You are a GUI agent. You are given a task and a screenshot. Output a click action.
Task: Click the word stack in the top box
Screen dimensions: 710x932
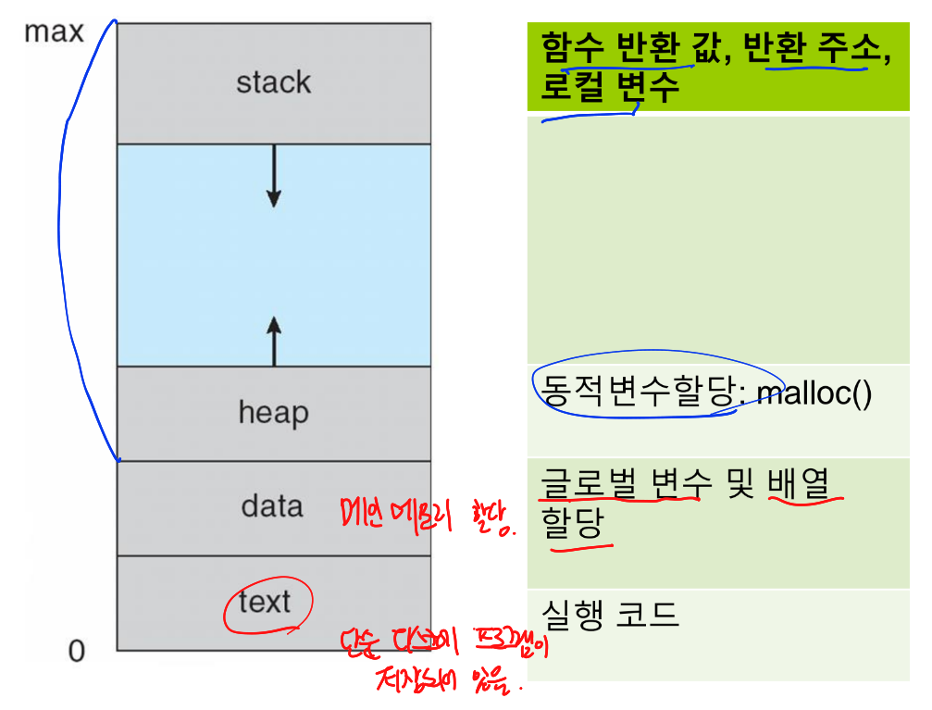(x=273, y=82)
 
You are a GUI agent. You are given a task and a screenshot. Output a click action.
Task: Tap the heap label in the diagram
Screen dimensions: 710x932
(x=273, y=412)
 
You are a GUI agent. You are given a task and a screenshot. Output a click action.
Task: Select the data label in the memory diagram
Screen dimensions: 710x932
(x=272, y=506)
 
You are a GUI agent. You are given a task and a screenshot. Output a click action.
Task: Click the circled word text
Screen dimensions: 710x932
(x=265, y=603)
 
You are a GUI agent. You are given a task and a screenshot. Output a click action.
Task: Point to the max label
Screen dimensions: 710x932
(x=54, y=32)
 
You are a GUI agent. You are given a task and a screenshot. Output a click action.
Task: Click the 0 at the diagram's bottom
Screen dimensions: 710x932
(x=77, y=652)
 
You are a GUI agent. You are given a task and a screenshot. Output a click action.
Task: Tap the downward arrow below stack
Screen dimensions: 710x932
(x=273, y=176)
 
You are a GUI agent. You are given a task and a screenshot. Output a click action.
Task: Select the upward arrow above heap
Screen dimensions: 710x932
(x=273, y=338)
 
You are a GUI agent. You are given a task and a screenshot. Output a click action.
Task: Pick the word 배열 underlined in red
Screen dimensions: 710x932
(x=802, y=482)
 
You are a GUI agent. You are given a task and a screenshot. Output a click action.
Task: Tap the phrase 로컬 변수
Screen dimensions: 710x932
(x=611, y=87)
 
